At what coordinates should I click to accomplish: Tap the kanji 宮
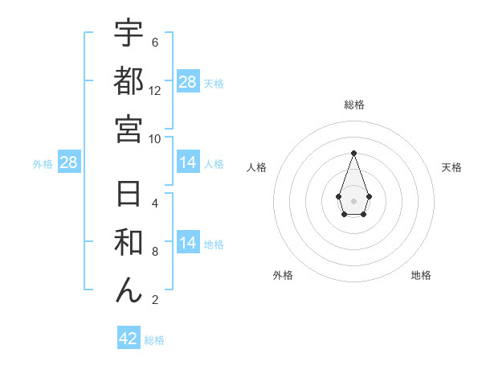129,129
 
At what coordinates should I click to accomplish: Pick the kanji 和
129,243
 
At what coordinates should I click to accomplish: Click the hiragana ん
129,290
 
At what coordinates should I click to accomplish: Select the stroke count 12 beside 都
155,91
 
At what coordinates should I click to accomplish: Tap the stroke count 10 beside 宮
155,139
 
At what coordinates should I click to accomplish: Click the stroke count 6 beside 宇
155,43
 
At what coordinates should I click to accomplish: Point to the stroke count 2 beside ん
155,301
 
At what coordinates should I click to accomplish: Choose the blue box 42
129,339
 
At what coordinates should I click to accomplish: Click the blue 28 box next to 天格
188,82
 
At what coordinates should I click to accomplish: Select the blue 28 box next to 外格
69,163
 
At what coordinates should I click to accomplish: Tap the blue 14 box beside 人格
188,163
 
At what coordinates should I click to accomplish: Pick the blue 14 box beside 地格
188,243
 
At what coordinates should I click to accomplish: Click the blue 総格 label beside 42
154,340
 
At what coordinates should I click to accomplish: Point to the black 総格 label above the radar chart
353,105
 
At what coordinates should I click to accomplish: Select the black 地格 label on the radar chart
421,275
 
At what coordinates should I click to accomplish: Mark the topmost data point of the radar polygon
353,153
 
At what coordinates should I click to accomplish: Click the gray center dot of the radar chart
353,200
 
